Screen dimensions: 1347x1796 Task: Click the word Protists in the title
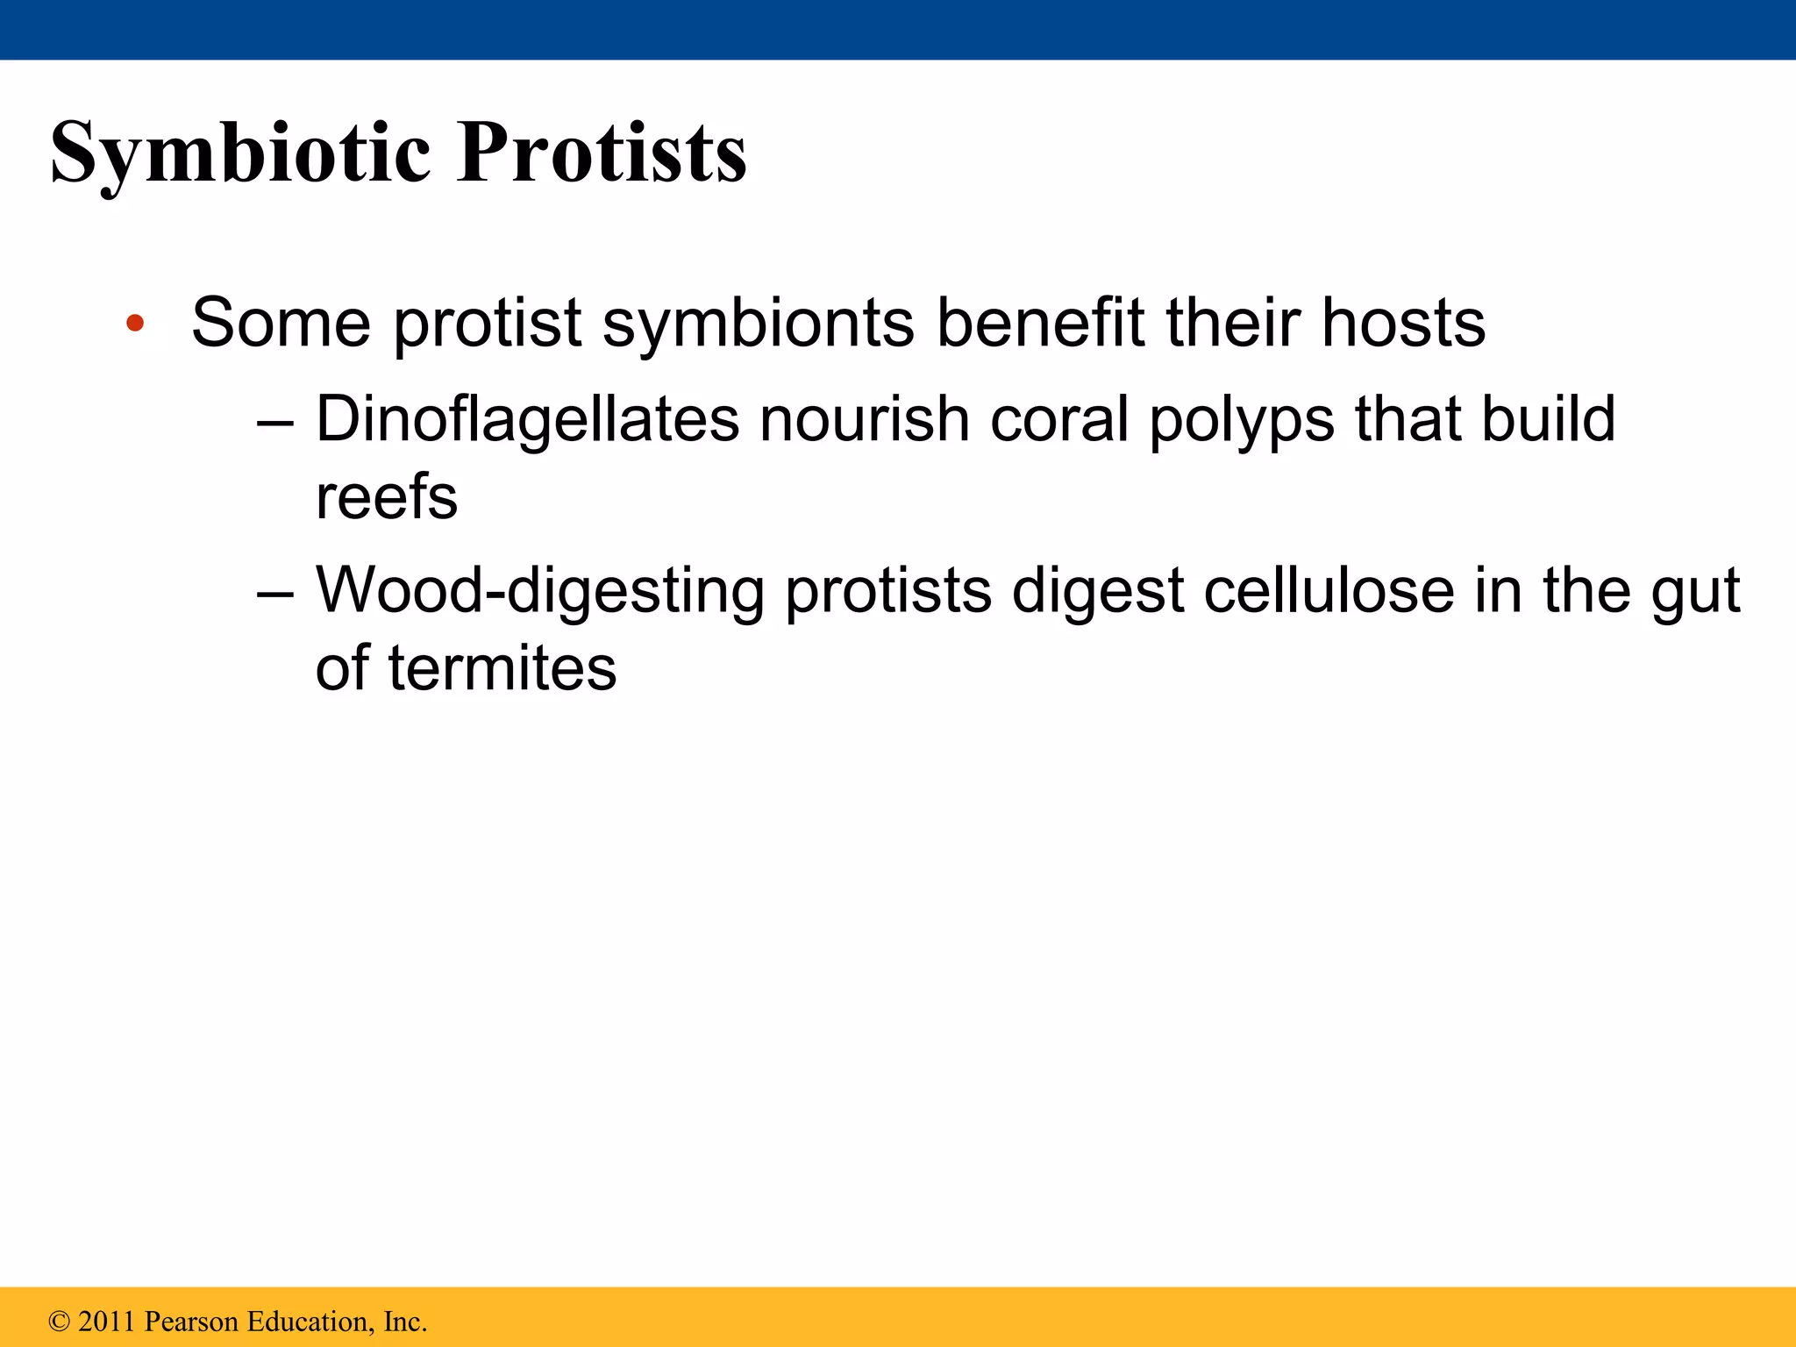(602, 153)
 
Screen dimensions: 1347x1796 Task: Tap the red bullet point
(134, 324)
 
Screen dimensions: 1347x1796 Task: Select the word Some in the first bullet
(281, 324)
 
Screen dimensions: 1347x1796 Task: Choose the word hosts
(1403, 324)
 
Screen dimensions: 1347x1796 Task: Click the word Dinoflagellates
(527, 419)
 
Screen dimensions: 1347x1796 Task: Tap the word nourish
(865, 419)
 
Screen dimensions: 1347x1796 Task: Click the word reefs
(387, 497)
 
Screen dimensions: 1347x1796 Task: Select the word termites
(502, 668)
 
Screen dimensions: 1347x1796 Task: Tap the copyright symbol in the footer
(59, 1322)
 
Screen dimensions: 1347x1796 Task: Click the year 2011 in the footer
(106, 1322)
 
